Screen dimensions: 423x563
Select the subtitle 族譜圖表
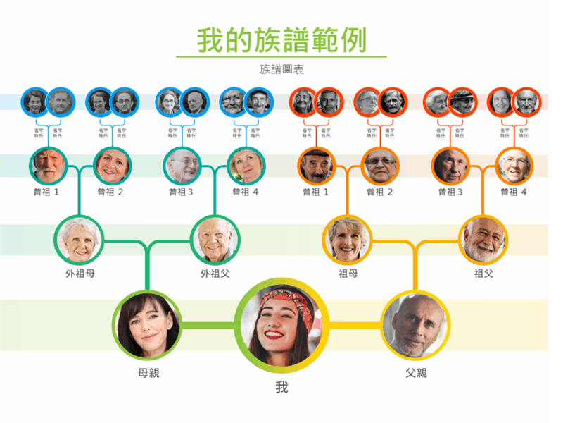coord(281,69)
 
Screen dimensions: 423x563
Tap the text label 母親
coord(148,372)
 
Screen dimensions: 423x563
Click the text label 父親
coord(416,372)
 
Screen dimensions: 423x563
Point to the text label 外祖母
coord(80,273)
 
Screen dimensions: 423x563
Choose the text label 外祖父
coord(215,273)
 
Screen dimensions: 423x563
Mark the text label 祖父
coord(483,273)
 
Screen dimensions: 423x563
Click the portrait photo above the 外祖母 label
coord(80,239)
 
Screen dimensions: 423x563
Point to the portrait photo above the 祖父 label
coord(483,239)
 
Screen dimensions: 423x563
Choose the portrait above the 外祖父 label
coord(215,239)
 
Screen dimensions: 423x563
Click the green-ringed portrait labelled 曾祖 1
coord(49,166)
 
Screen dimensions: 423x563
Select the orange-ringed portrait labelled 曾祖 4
coord(514,166)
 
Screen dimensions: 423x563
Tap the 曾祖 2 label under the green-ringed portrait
coord(110,192)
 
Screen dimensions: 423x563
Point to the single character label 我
coord(281,388)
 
